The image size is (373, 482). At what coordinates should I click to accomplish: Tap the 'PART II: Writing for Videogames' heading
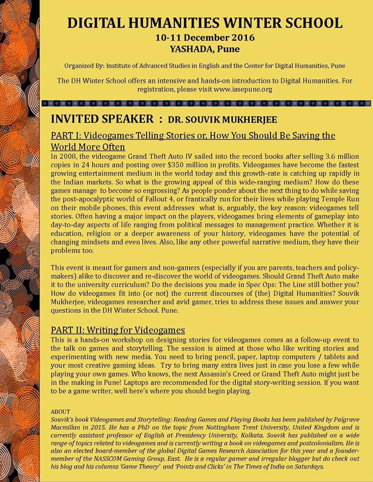(x=118, y=330)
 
